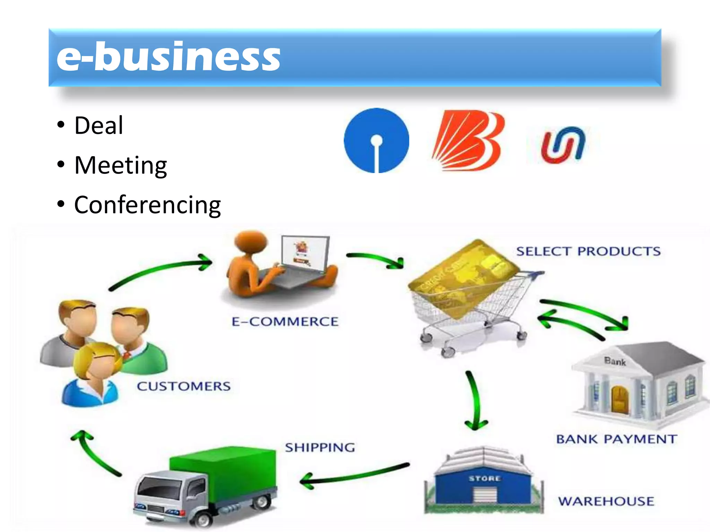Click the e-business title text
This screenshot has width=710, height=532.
point(168,57)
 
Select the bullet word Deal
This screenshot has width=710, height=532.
point(99,125)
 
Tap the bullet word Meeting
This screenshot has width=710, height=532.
point(121,165)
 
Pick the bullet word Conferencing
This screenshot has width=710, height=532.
point(147,205)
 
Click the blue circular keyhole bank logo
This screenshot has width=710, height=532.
point(376,140)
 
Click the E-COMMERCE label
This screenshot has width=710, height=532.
point(285,322)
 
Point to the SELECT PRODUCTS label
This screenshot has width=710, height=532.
point(588,251)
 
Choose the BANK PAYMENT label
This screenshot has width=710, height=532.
point(616,439)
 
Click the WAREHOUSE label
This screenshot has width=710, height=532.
point(606,501)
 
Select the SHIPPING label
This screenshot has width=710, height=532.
point(320,447)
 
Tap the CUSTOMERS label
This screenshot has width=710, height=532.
point(184,386)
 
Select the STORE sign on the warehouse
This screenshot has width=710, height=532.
point(484,479)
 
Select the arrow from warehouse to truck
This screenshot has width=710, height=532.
point(354,475)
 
